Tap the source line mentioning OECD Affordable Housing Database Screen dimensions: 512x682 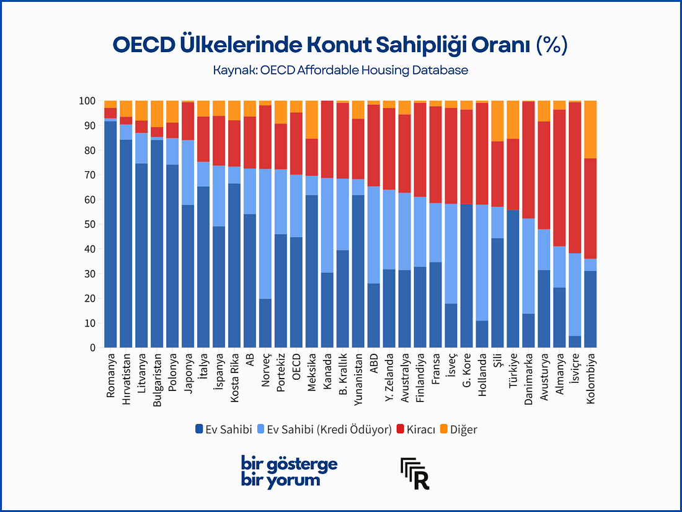pyautogui.click(x=340, y=70)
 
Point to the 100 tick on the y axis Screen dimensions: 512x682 pyautogui.click(x=86, y=101)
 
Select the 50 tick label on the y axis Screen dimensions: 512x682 pyautogui.click(x=89, y=224)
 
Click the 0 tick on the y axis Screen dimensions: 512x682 pyautogui.click(x=92, y=348)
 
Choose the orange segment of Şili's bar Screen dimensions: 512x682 pyautogui.click(x=498, y=120)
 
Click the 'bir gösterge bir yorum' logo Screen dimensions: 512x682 pyautogui.click(x=289, y=472)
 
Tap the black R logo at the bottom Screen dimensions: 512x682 pyautogui.click(x=415, y=473)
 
